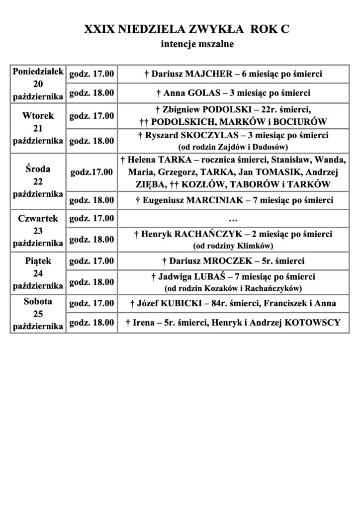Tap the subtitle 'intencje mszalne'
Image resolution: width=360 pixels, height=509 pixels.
(x=197, y=45)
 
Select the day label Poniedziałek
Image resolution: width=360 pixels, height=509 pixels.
(x=38, y=72)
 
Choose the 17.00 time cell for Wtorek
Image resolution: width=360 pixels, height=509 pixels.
(x=92, y=116)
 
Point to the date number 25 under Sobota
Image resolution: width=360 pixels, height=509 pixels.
(x=38, y=314)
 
